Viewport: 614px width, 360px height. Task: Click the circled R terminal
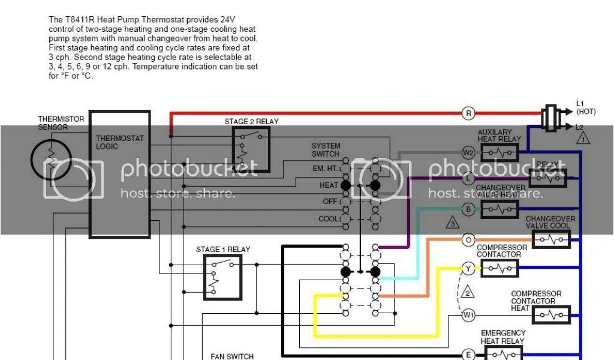pyautogui.click(x=469, y=113)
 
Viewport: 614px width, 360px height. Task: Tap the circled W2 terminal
pyautogui.click(x=469, y=152)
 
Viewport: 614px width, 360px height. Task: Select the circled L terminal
pyautogui.click(x=469, y=178)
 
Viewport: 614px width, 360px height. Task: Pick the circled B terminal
pyautogui.click(x=469, y=209)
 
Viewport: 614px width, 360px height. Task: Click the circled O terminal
pyautogui.click(x=469, y=240)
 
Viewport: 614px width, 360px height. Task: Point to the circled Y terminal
pyautogui.click(x=469, y=268)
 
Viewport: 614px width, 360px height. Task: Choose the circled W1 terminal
pyautogui.click(x=469, y=314)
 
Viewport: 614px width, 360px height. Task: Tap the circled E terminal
pyautogui.click(x=469, y=355)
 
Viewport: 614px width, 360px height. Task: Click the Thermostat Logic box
pyautogui.click(x=119, y=174)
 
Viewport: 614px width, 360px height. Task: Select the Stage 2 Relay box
pyautogui.click(x=251, y=149)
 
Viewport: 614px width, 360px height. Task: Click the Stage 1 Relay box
pyautogui.click(x=222, y=277)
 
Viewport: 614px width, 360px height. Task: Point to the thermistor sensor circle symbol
pyautogui.click(x=52, y=158)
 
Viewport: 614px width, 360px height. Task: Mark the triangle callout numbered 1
pyautogui.click(x=583, y=137)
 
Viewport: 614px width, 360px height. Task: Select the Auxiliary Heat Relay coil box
pyautogui.click(x=499, y=152)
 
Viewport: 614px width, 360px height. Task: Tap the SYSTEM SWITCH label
pyautogui.click(x=326, y=149)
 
